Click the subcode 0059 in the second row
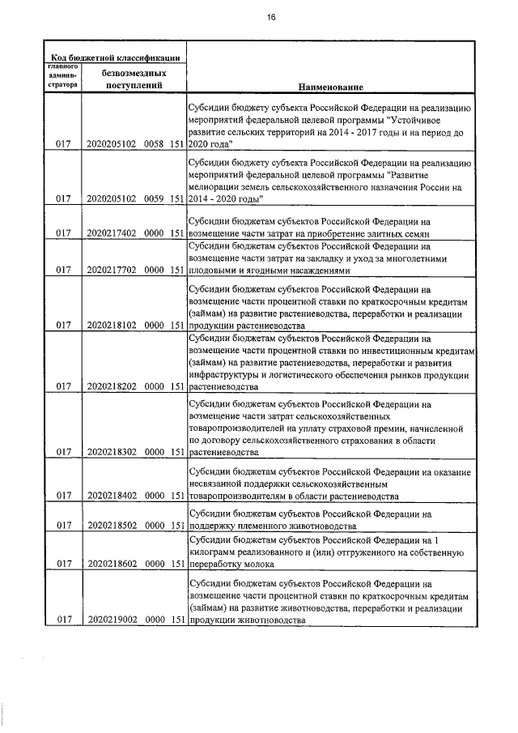tap(155, 198)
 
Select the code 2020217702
tap(111, 270)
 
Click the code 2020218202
tap(111, 386)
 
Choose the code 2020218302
tap(111, 454)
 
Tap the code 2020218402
tap(111, 496)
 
